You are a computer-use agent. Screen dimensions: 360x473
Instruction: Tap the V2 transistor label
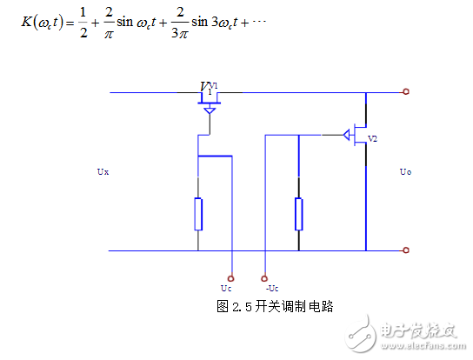[x=373, y=138]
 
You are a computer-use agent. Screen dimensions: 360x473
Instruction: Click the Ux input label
[x=103, y=172]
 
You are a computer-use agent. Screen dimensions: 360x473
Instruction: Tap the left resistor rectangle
[x=198, y=214]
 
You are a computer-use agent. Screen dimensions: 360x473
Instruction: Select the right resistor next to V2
[x=299, y=214]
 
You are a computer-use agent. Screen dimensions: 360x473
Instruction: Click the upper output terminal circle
[x=406, y=91]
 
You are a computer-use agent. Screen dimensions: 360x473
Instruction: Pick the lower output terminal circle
[x=406, y=250]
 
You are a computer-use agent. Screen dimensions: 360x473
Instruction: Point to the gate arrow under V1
[x=209, y=111]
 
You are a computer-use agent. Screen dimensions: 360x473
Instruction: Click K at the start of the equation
[x=28, y=20]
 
